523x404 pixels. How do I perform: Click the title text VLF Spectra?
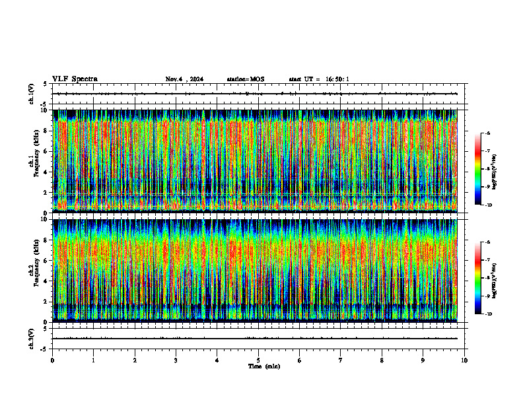pyautogui.click(x=75, y=79)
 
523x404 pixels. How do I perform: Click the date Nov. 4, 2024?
pyautogui.click(x=184, y=79)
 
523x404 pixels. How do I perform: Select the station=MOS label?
pyautogui.click(x=245, y=79)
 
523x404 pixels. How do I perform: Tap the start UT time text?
pyautogui.click(x=319, y=79)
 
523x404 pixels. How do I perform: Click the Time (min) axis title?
pyautogui.click(x=263, y=366)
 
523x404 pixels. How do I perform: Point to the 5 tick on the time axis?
pyautogui.click(x=258, y=360)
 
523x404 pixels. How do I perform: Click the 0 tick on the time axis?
pyautogui.click(x=52, y=360)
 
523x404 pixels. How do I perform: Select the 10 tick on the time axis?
pyautogui.click(x=464, y=360)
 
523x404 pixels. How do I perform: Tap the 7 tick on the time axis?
pyautogui.click(x=341, y=360)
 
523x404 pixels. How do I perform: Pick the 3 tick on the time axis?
pyautogui.click(x=176, y=360)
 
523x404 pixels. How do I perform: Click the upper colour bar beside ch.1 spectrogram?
pyautogui.click(x=483, y=169)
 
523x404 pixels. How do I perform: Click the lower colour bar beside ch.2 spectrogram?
pyautogui.click(x=483, y=278)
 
